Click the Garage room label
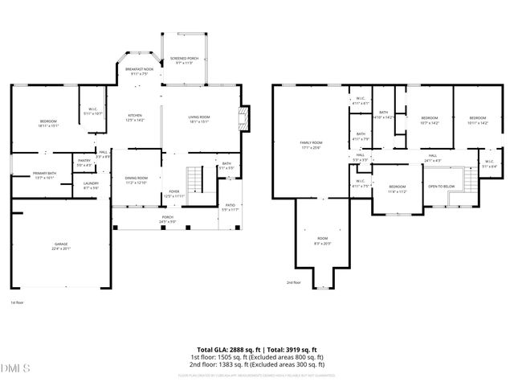tap(62, 247)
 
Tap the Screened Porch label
tap(183, 60)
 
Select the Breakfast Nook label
tap(139, 71)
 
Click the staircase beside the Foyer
tap(194, 178)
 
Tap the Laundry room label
tap(91, 186)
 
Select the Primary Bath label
tap(45, 176)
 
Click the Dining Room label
tap(136, 179)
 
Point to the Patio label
tap(230, 207)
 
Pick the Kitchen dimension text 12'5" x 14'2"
tap(135, 121)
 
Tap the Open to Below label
tap(442, 187)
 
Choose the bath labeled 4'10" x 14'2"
tap(384, 115)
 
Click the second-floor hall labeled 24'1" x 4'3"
tap(432, 158)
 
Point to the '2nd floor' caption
tap(294, 282)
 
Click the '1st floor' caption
tap(17, 303)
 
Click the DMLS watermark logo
tap(16, 369)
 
